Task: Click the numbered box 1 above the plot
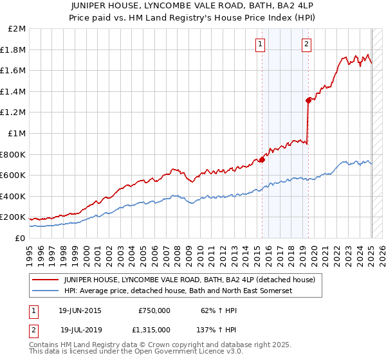[260, 44]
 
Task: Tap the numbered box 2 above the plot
[306, 44]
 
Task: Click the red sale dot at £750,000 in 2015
[262, 159]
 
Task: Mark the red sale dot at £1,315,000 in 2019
[308, 100]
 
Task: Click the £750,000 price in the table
[154, 310]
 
